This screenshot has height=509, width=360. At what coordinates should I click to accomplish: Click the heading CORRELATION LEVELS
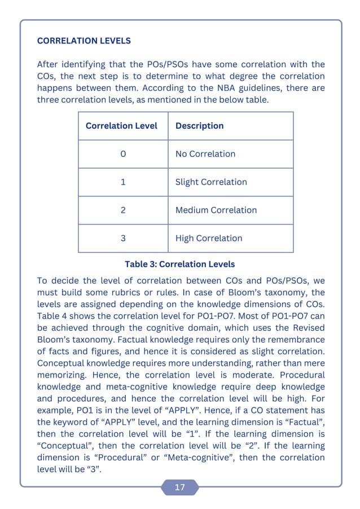pyautogui.click(x=84, y=41)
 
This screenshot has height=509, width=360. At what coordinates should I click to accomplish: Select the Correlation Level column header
pyautogui.click(x=121, y=126)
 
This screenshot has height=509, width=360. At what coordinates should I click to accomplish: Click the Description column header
pyautogui.click(x=199, y=126)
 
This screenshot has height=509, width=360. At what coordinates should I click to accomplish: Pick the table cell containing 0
pyautogui.click(x=123, y=154)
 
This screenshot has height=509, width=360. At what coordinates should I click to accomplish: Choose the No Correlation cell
pyautogui.click(x=205, y=154)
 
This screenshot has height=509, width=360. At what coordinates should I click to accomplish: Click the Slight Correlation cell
pyautogui.click(x=211, y=182)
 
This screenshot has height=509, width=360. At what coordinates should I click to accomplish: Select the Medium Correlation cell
pyautogui.click(x=216, y=210)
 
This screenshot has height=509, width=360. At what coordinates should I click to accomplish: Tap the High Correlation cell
pyautogui.click(x=209, y=238)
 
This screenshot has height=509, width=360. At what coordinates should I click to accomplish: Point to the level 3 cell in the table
pyautogui.click(x=123, y=238)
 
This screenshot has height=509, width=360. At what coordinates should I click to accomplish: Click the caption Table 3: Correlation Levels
pyautogui.click(x=179, y=264)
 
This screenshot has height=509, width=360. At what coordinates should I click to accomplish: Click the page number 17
pyautogui.click(x=179, y=488)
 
